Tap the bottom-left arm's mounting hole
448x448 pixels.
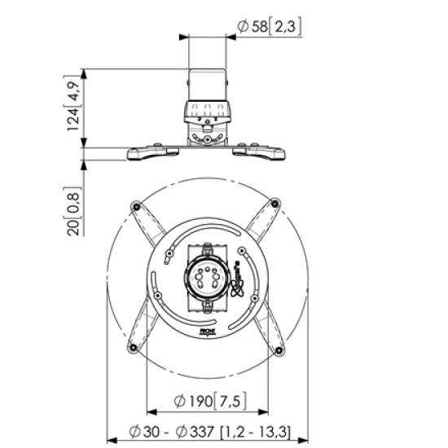[134, 350]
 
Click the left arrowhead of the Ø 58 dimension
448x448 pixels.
[191, 37]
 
